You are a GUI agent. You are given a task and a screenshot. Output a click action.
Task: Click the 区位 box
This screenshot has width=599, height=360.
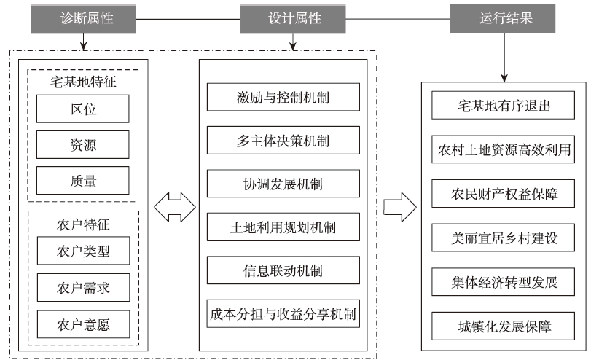(83, 109)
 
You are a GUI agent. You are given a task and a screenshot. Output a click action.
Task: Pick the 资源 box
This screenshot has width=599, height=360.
(83, 145)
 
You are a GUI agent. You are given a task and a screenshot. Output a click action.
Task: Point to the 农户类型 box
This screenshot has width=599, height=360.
(83, 252)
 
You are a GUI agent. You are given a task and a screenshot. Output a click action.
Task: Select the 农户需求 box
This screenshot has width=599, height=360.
(83, 288)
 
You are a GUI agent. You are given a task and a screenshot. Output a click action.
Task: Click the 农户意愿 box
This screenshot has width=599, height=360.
(83, 324)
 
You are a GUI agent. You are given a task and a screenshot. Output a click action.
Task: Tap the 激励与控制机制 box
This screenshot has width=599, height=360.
(283, 98)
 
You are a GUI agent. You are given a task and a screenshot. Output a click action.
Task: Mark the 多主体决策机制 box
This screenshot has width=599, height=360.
(283, 141)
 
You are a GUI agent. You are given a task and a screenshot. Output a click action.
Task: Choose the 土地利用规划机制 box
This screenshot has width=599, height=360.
(283, 228)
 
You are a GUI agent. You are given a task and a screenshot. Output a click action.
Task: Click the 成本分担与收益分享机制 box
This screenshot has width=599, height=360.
(283, 314)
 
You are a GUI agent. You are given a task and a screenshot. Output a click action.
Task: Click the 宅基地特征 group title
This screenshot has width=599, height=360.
(83, 82)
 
